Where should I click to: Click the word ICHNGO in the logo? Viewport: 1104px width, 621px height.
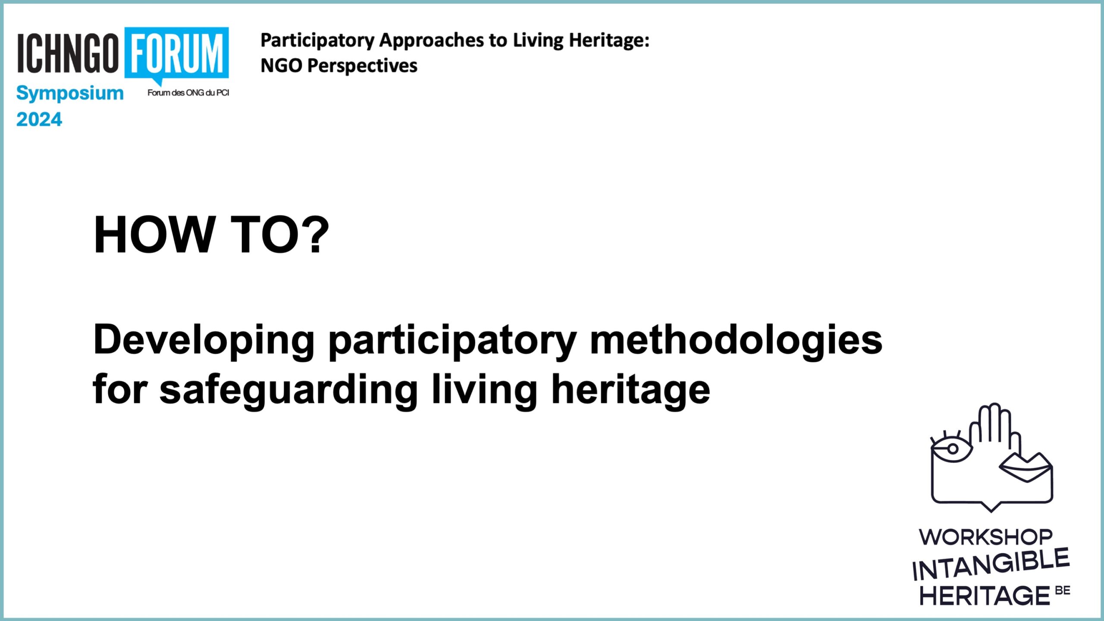pos(68,53)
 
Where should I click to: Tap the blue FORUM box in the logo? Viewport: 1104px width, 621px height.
pos(177,53)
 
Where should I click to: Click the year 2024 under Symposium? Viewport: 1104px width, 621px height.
pos(39,119)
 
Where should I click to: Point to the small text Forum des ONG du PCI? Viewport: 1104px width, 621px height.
pos(188,93)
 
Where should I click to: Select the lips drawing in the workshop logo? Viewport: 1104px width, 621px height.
pos(1026,467)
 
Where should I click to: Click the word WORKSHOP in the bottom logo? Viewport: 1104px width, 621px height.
pos(986,537)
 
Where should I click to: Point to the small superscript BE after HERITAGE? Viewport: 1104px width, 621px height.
pos(1063,590)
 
